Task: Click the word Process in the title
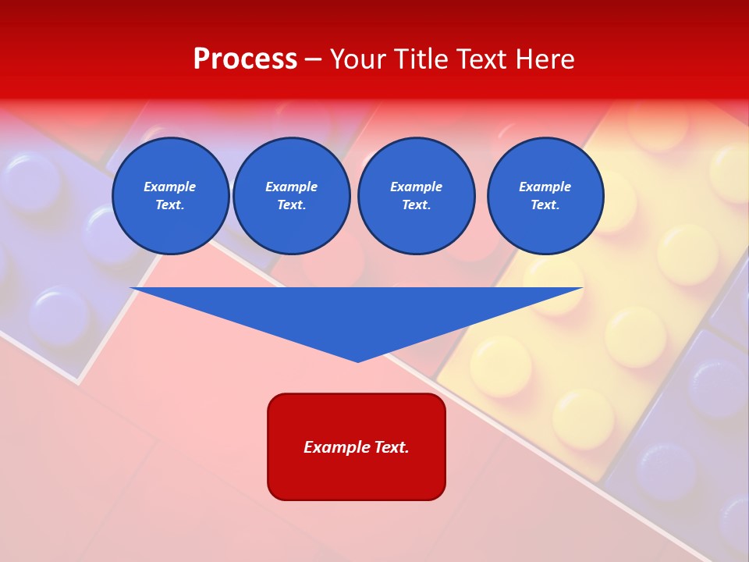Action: pos(245,59)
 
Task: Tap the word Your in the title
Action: pos(358,59)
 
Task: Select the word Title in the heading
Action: pos(421,59)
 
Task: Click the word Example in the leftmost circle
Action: pos(170,187)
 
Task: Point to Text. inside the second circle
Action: pos(291,205)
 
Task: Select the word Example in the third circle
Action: pos(416,187)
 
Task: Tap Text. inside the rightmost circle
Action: pos(545,205)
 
